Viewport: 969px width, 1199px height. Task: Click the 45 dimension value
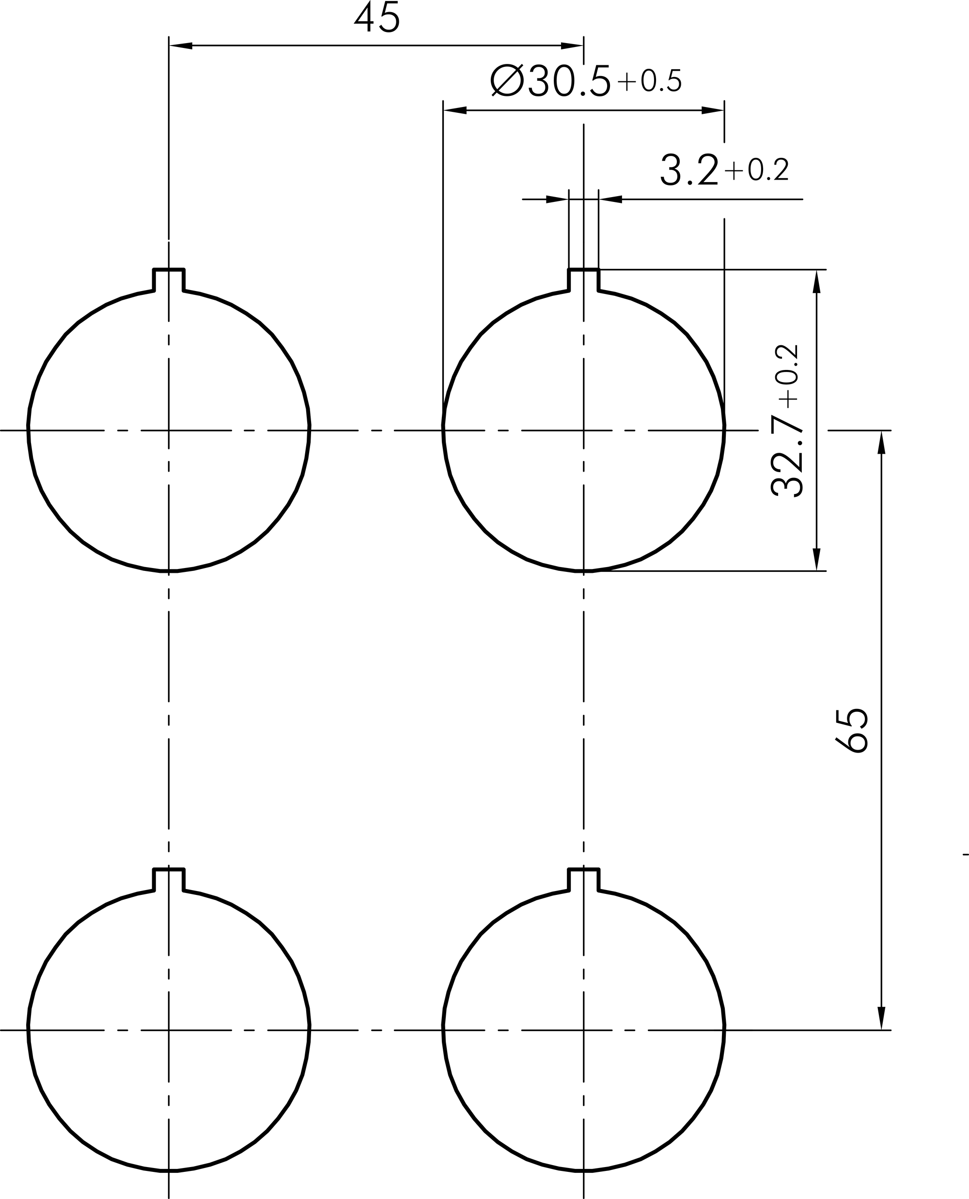pos(377,18)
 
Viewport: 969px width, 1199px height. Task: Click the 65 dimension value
pos(852,731)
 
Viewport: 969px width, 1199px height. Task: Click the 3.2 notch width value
pos(689,171)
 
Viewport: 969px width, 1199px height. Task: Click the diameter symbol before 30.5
pos(507,81)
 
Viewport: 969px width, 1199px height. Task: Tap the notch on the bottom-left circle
pos(169,880)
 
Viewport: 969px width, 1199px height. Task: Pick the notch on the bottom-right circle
pos(584,880)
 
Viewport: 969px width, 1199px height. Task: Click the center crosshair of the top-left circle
pos(169,430)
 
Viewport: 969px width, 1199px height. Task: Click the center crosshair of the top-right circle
pos(584,430)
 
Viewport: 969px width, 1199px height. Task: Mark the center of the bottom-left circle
pos(169,1030)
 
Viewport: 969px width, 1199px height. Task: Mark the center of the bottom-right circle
pos(584,1030)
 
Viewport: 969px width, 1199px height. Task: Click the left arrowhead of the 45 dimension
pos(180,46)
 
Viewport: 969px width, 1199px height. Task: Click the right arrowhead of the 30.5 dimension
pos(713,110)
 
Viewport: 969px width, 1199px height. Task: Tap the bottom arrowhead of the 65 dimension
pos(882,1018)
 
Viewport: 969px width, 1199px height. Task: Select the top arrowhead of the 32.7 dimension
pos(816,282)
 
